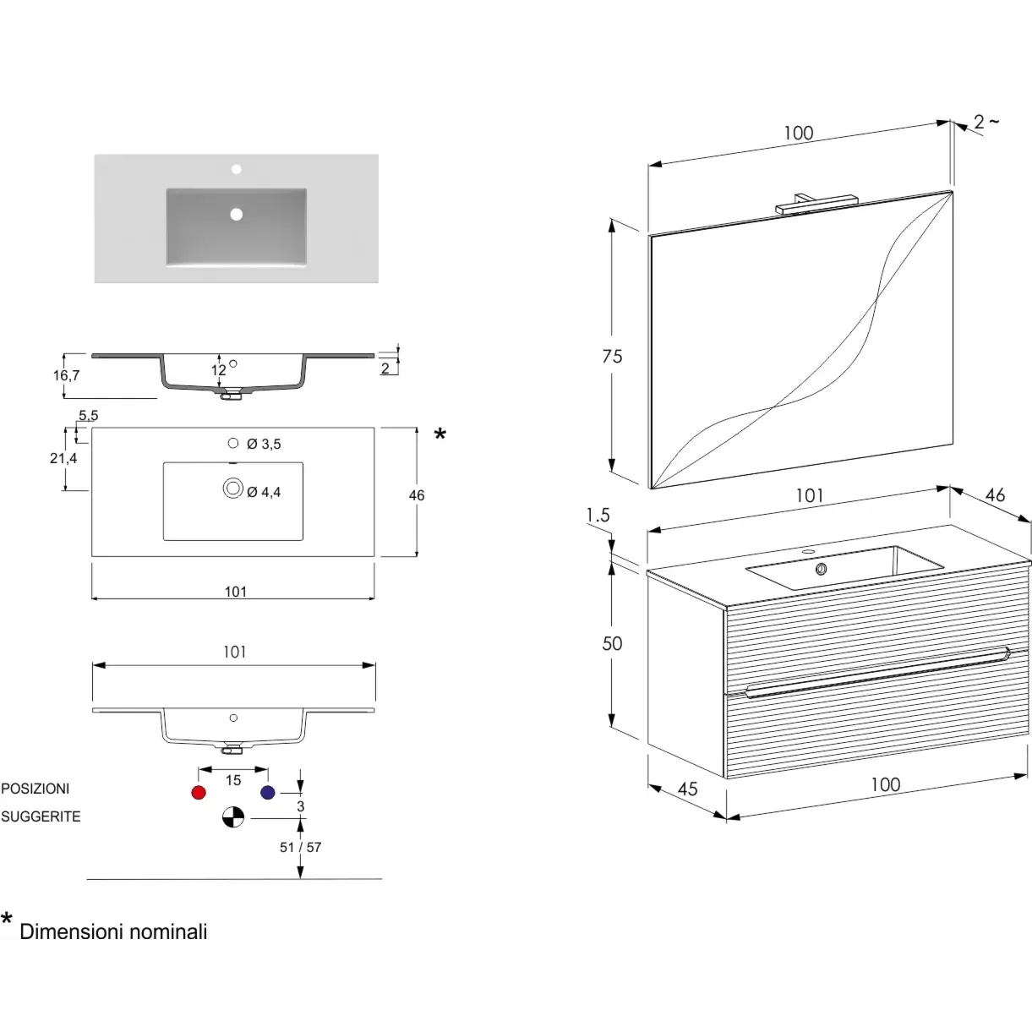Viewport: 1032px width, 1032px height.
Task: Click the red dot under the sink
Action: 199,792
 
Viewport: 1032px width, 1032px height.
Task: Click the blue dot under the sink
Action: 268,792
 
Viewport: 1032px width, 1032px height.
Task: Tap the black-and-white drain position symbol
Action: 233,817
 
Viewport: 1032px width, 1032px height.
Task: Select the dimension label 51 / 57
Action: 300,847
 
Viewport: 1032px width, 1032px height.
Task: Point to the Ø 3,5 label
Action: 264,444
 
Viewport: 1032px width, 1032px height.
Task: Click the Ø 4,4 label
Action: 264,492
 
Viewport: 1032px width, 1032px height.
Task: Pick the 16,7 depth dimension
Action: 67,375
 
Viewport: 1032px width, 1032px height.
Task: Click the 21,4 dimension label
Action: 63,458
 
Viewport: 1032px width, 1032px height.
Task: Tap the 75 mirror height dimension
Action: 612,356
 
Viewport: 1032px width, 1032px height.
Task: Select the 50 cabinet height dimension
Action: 612,643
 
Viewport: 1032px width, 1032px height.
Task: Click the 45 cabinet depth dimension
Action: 688,789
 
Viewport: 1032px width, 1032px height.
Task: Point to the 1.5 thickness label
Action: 598,516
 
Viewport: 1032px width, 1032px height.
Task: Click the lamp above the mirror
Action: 816,204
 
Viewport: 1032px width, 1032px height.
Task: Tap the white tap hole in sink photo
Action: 236,169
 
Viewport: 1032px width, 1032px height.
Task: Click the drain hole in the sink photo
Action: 236,214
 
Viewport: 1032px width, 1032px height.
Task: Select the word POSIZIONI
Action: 35,789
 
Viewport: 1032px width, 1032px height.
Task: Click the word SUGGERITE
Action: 41,816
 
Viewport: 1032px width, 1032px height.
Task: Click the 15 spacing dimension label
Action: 233,780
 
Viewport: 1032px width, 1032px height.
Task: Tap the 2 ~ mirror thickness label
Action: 986,122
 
